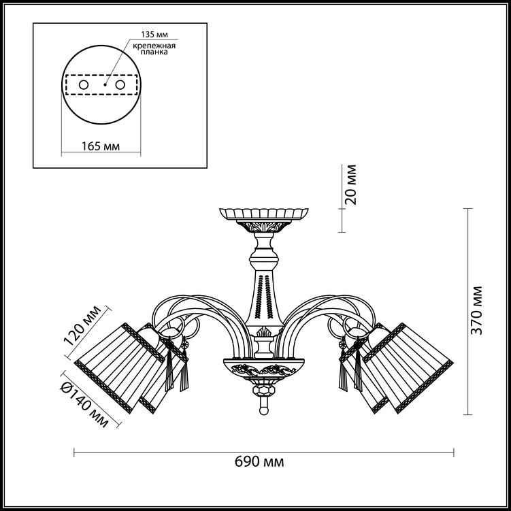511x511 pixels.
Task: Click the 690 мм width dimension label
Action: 259,462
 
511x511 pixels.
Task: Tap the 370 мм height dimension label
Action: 477,310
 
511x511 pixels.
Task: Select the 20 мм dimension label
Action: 351,185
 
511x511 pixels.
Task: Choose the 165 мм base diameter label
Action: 101,146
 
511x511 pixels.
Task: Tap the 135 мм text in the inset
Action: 154,35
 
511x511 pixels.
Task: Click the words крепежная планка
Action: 154,48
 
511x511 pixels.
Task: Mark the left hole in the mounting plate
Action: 84,85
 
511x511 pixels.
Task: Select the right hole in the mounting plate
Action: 120,85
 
